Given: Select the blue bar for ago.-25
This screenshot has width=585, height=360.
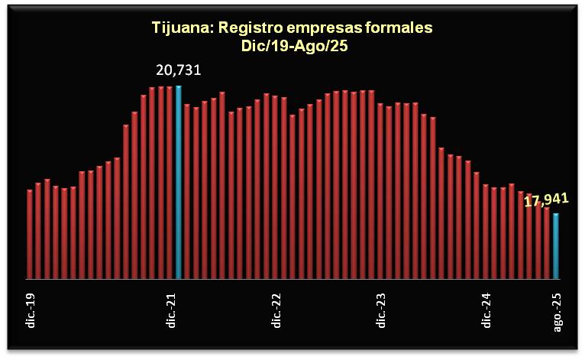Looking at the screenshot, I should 556,245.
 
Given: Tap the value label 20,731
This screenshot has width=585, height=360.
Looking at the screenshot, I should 179,71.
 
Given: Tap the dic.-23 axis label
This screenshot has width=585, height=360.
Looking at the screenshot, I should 380,310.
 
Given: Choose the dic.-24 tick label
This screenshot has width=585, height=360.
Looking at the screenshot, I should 486,310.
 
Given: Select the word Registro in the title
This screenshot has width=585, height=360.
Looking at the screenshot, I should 247,28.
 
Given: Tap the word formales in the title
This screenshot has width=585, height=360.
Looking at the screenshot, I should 398,28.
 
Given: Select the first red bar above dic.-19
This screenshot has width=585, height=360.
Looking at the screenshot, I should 30,233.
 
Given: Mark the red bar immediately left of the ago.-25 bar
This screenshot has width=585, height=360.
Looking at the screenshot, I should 547,242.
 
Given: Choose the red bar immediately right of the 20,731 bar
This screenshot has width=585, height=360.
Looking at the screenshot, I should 187,191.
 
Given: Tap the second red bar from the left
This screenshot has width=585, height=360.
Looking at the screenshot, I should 38,230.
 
